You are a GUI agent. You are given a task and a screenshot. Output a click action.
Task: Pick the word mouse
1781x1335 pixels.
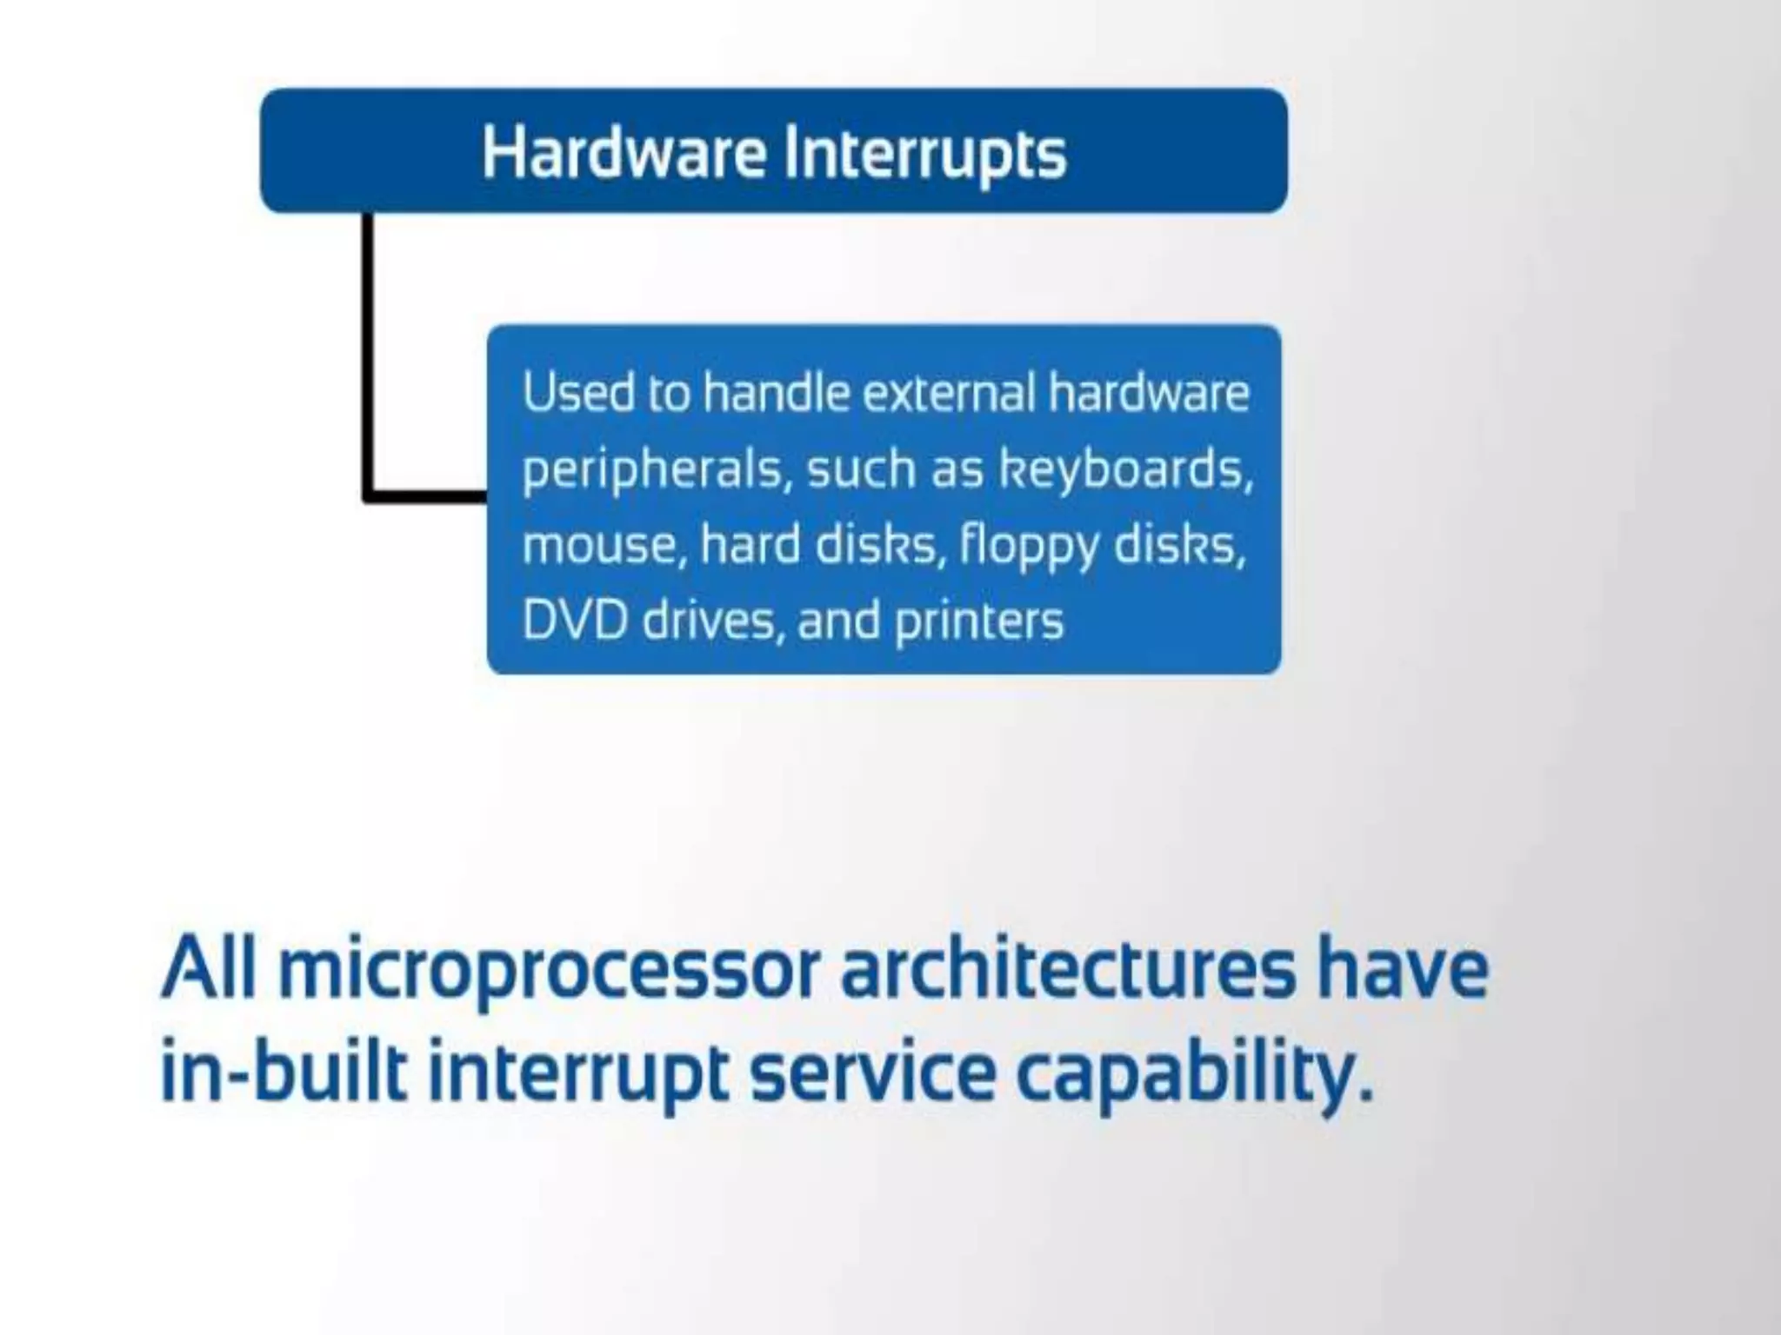[x=599, y=546]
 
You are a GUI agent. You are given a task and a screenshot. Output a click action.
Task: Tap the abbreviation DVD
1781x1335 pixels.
[x=574, y=621]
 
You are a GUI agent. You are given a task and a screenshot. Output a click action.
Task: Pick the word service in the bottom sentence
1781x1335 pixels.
[x=872, y=1074]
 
